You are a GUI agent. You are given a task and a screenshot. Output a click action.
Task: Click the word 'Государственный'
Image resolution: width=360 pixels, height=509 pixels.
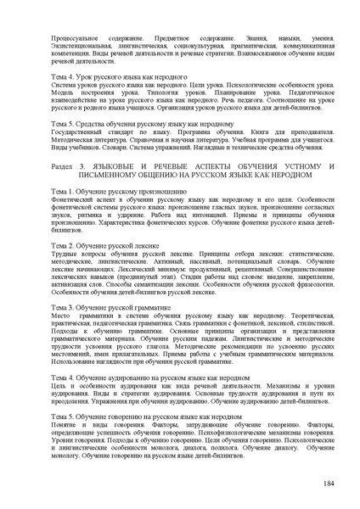click(79, 132)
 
